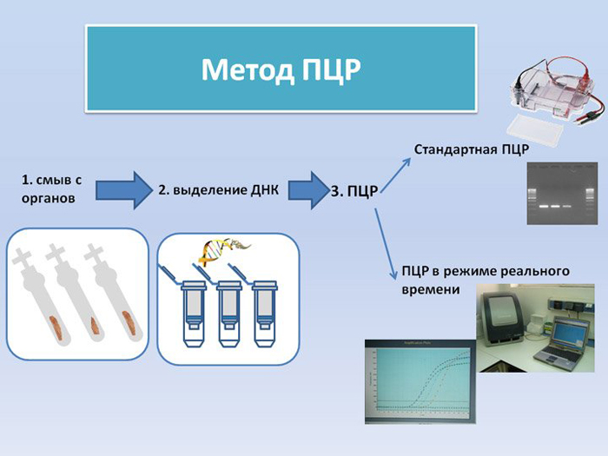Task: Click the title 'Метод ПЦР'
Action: point(281,69)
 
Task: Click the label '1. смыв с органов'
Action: point(51,189)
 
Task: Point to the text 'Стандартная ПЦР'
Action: point(472,149)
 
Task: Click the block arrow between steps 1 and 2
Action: point(124,189)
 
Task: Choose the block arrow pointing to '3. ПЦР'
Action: point(306,189)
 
